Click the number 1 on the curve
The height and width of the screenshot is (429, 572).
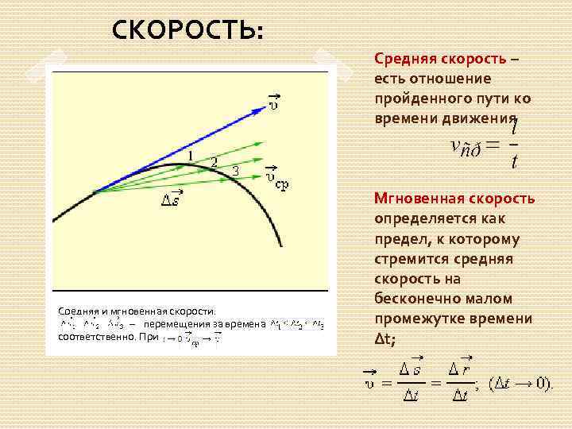coord(191,154)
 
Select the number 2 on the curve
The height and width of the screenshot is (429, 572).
coord(213,162)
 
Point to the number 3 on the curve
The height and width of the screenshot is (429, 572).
coord(235,170)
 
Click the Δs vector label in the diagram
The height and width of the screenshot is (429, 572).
coord(172,198)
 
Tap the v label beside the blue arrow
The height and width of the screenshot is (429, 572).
coord(273,100)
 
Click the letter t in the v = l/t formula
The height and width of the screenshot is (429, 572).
coord(515,163)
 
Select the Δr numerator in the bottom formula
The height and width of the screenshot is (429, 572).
coord(459,368)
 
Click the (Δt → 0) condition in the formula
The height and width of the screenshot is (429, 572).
coord(520,384)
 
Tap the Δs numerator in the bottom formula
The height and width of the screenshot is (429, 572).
coord(411,368)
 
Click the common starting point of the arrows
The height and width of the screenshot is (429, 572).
coord(95,191)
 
